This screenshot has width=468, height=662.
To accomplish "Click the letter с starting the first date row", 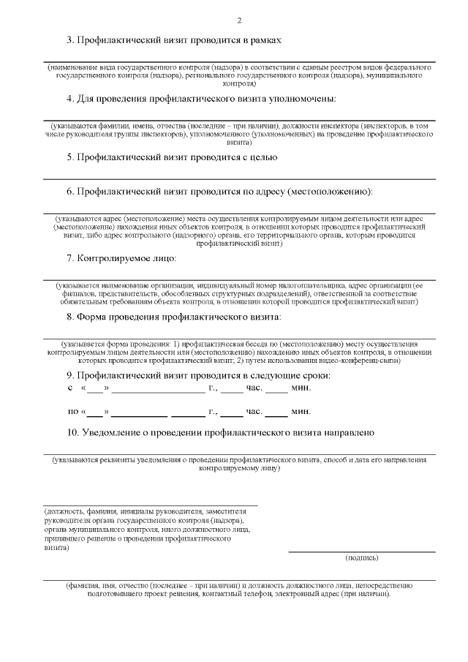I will coord(70,388).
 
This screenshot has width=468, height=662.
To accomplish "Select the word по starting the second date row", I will coord(73,412).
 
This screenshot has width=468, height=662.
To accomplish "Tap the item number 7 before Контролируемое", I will coord(69,258).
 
